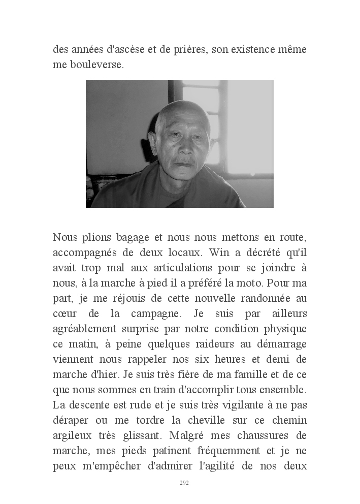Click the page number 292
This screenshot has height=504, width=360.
pyautogui.click(x=184, y=483)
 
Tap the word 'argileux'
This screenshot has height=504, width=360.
pyautogui.click(x=73, y=436)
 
